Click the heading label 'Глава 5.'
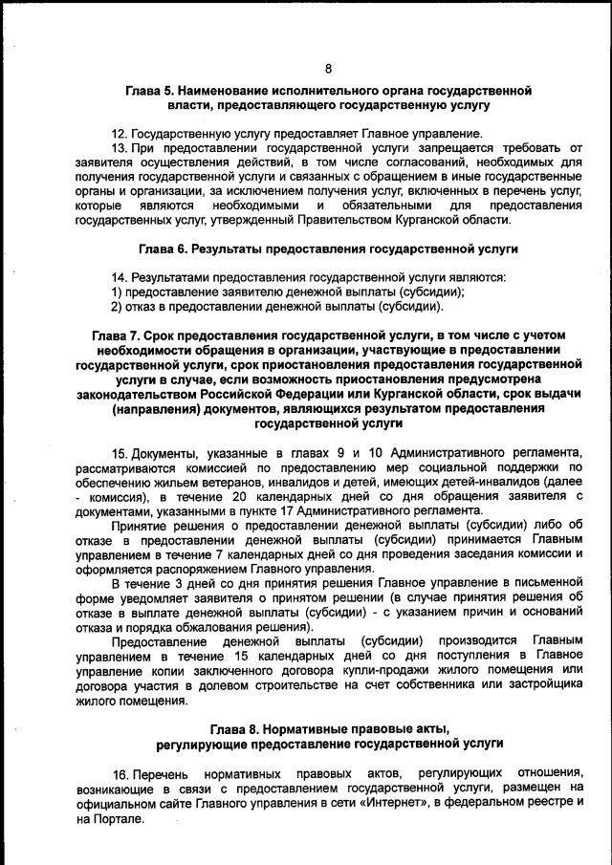156,90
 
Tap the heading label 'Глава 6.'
163,249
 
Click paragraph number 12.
120,133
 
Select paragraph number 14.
120,278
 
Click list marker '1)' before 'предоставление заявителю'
117,292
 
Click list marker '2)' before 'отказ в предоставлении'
117,307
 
